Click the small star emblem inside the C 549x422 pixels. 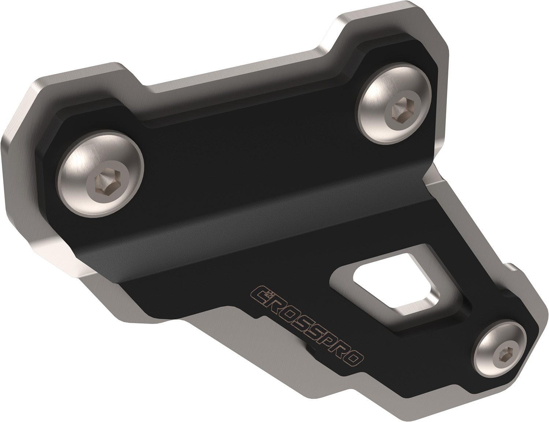(269, 294)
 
